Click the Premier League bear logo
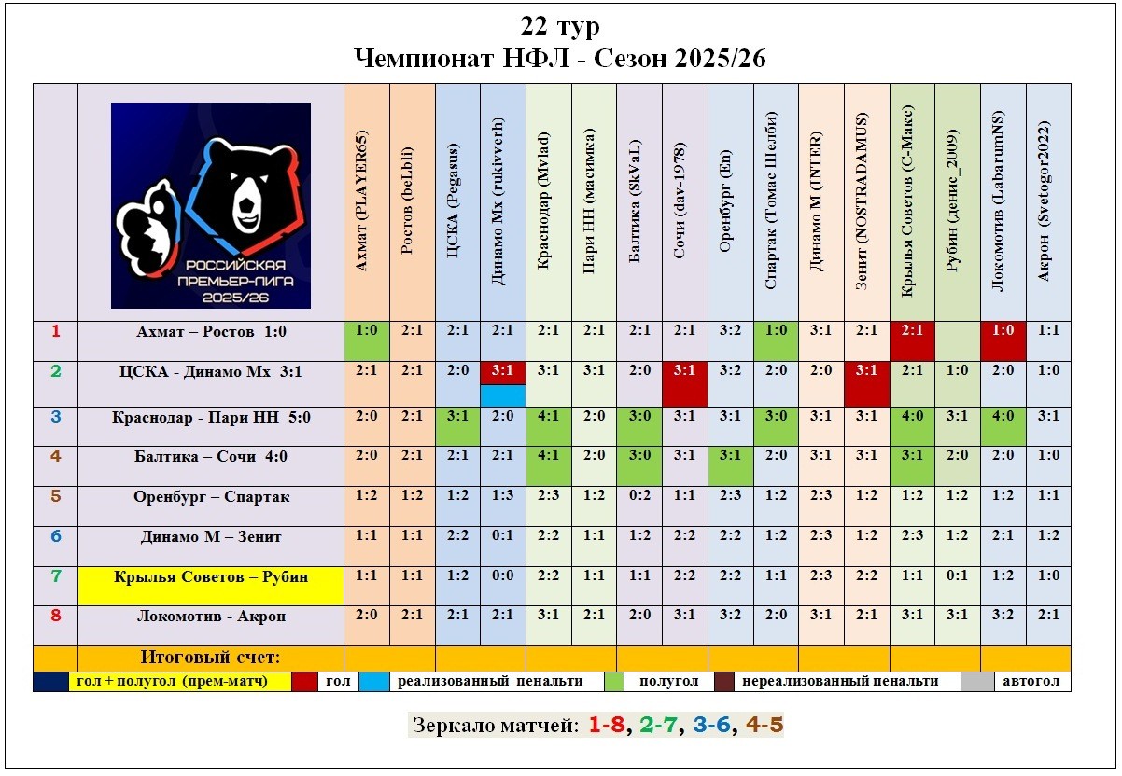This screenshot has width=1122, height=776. coord(211,205)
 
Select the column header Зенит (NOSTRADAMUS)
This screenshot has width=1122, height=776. coord(867,202)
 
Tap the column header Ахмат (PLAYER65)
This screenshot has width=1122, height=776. coord(366,202)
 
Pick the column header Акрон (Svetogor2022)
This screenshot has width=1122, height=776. coord(1048,202)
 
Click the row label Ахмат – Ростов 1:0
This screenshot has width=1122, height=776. coord(211,331)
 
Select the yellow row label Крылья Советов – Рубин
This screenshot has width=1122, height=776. coord(211,577)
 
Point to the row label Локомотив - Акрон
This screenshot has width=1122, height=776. coord(211,617)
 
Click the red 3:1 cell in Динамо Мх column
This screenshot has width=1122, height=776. coord(503,371)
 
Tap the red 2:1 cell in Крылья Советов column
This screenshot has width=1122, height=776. coord(912,331)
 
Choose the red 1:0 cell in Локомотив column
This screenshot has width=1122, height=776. coord(1003,331)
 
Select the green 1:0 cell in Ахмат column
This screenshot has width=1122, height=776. coord(366,331)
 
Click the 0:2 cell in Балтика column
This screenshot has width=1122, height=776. coord(639,497)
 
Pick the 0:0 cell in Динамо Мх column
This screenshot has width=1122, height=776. coord(503,577)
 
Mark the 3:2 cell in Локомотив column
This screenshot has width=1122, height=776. coord(1003,617)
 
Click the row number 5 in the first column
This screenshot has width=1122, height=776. coord(55,497)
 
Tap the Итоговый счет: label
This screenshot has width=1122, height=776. coord(210,657)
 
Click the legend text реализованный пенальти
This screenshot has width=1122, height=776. coord(490,682)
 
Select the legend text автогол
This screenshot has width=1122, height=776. coord(1031,682)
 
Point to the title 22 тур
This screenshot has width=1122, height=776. coord(560,26)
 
